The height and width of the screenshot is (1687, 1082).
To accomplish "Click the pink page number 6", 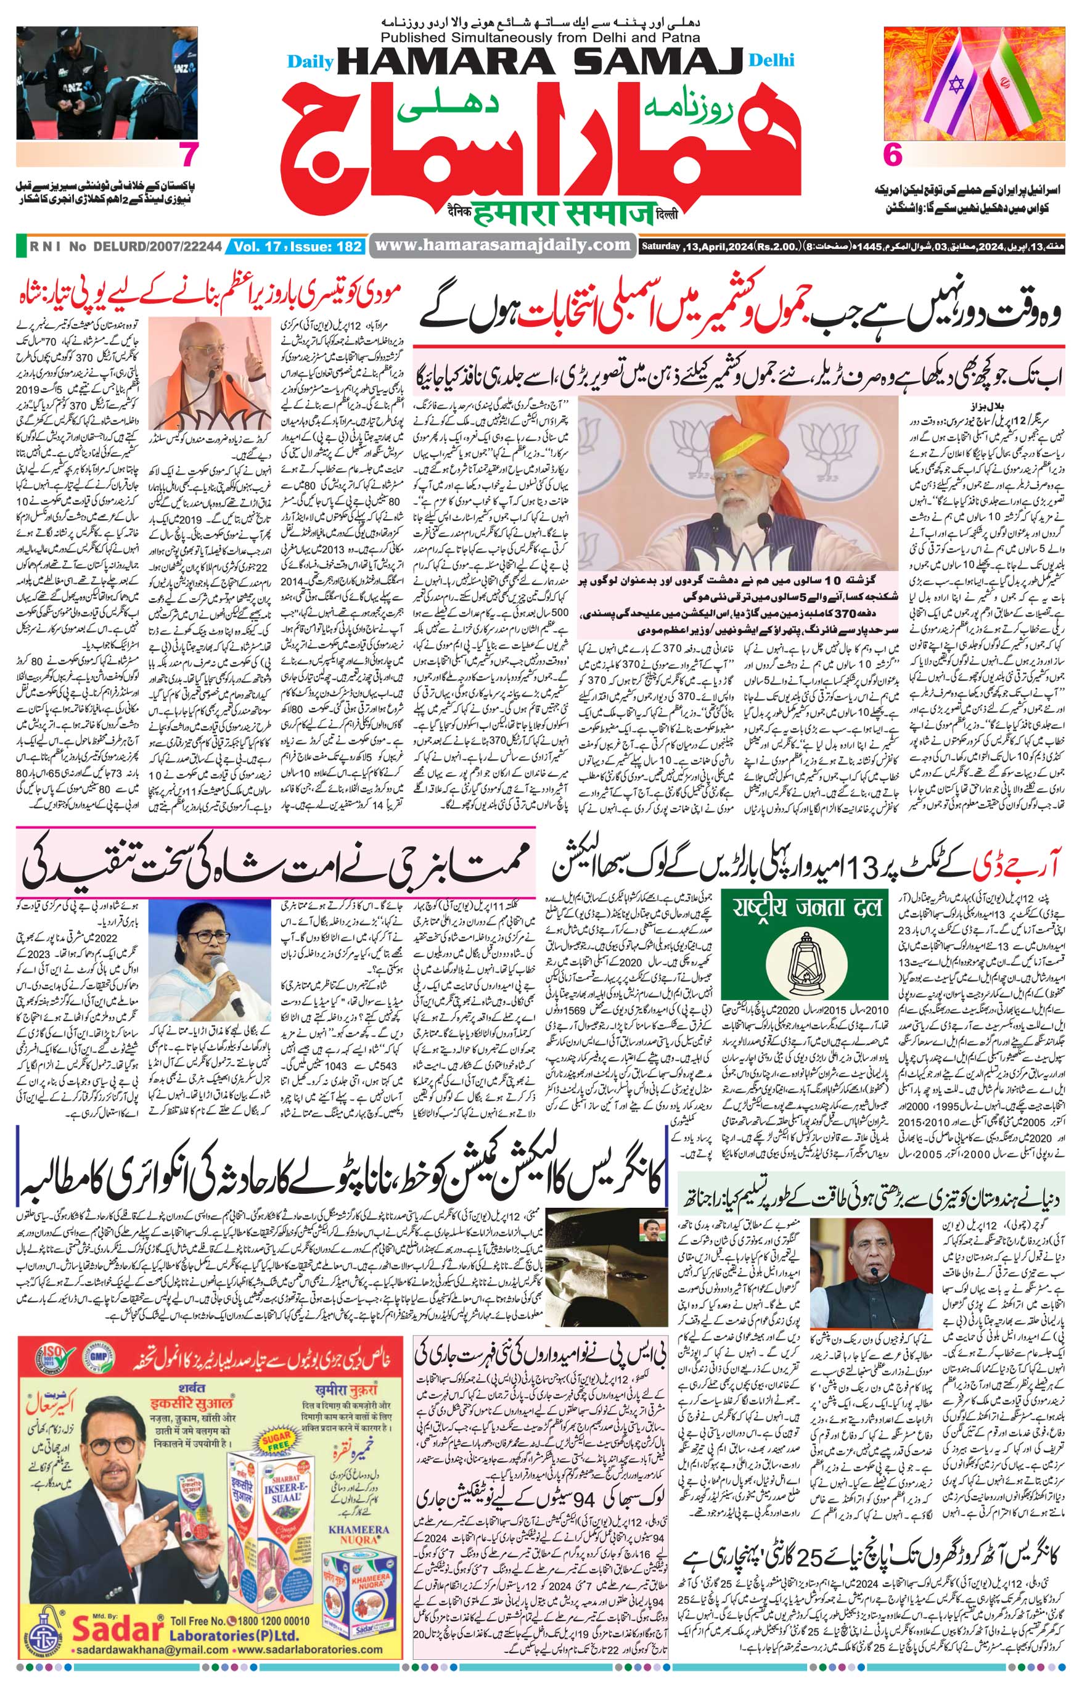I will (x=891, y=155).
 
